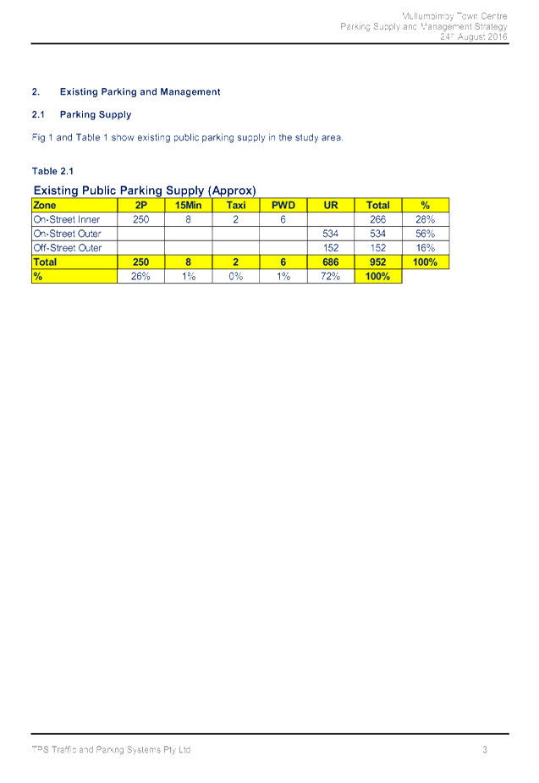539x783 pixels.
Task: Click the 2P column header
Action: click(x=140, y=205)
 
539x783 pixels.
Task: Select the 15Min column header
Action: click(x=188, y=205)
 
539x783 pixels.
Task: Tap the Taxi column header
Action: click(x=235, y=205)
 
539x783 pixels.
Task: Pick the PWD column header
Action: click(x=283, y=205)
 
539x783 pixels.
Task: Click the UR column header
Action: click(x=331, y=205)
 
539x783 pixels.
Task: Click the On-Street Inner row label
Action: click(x=67, y=219)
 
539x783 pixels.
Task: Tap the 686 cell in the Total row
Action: click(x=331, y=262)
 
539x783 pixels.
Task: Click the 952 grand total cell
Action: click(x=378, y=262)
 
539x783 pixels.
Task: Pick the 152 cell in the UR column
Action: click(x=331, y=248)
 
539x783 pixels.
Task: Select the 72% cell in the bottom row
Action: click(x=331, y=277)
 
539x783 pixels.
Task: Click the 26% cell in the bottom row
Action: click(x=140, y=277)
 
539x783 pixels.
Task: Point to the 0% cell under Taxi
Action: click(x=235, y=277)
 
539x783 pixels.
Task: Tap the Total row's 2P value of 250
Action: click(x=140, y=262)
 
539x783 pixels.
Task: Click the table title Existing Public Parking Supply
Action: click(x=144, y=190)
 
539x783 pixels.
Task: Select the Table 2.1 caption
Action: click(x=52, y=171)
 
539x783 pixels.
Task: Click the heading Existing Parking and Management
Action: click(x=140, y=91)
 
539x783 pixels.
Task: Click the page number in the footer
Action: click(x=485, y=749)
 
